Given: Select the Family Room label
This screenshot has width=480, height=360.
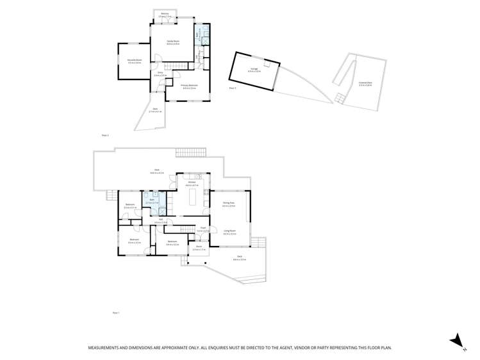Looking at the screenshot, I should coord(173,41).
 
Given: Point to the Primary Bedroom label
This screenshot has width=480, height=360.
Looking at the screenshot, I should coord(189,86).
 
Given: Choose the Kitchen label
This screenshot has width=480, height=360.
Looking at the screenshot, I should coord(191,183).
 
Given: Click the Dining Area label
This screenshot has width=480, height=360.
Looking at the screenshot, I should coord(228,204).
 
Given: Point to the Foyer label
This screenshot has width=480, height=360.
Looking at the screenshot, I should coord(201,228).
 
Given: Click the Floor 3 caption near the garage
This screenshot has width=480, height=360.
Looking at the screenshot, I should coord(232,88).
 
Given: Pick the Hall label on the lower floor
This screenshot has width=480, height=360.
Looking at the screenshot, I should coord(158,221).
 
